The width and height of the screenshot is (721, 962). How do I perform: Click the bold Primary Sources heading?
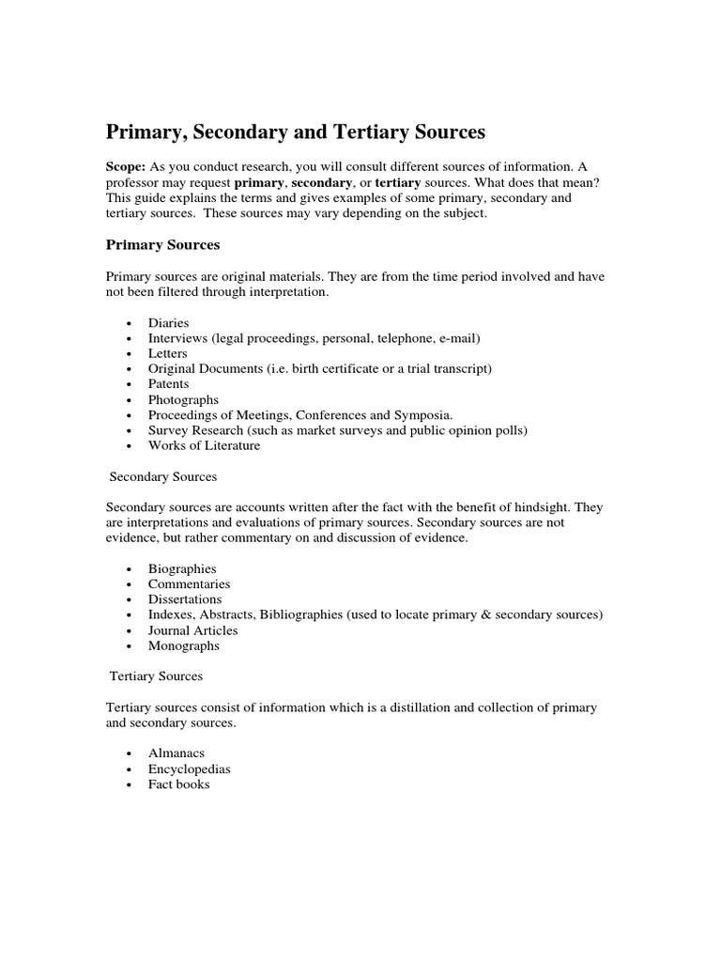[162, 245]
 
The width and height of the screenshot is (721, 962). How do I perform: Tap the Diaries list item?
[169, 322]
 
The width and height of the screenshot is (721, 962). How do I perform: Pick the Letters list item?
[168, 353]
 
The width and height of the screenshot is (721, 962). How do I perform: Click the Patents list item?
[169, 383]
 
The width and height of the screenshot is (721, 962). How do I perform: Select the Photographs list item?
[183, 399]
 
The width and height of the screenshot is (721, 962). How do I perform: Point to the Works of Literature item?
[204, 445]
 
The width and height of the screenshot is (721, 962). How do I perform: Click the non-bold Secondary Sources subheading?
[163, 476]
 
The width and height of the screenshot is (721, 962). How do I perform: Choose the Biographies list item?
[182, 568]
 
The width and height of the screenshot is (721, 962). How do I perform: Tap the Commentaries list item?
[189, 583]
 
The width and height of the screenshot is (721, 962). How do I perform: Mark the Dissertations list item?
[185, 599]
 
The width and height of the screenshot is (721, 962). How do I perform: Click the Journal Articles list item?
[192, 630]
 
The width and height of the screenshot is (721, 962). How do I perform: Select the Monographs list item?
[184, 645]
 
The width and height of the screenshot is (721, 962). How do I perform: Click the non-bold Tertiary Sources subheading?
[156, 675]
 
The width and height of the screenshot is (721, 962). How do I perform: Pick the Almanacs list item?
[176, 753]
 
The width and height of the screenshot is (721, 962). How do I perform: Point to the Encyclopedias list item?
[189, 768]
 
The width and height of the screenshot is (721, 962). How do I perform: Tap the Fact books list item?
[178, 784]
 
